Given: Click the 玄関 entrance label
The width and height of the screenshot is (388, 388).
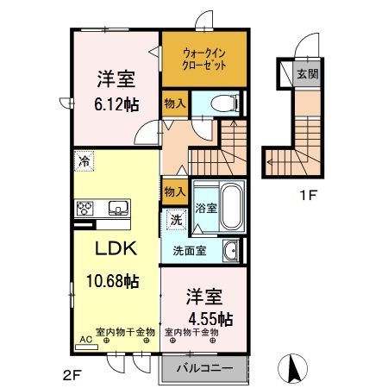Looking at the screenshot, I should point(307,74).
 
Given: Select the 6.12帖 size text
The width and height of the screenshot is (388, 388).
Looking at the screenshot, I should point(115,104).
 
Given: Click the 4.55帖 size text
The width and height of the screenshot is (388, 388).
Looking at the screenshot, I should point(210,318).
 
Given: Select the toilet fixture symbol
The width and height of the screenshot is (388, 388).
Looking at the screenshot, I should point(221,103).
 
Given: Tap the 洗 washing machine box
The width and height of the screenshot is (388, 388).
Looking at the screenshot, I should point(175,219).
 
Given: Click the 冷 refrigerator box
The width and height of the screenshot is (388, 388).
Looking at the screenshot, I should point(84,160).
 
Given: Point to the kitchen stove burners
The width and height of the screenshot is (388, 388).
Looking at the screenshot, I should point(87,208).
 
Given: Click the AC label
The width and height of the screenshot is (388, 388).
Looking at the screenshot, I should point(84,341).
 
